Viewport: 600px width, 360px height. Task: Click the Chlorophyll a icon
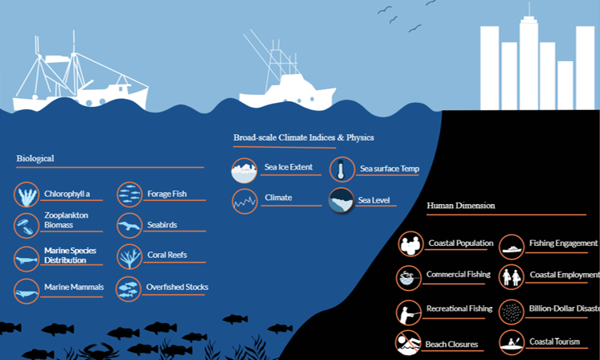click(x=27, y=194)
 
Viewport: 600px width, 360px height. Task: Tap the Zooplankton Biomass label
click(x=66, y=220)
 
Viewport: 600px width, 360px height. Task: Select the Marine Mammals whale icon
click(x=27, y=291)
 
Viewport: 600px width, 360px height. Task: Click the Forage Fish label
click(x=166, y=194)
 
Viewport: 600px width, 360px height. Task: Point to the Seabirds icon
click(x=129, y=226)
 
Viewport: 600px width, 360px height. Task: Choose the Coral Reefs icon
click(x=129, y=256)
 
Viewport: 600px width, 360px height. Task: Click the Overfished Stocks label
click(x=177, y=287)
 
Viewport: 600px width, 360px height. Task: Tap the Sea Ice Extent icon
click(x=244, y=170)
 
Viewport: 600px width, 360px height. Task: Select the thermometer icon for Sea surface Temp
click(x=341, y=170)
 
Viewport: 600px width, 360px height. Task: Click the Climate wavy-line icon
click(x=244, y=200)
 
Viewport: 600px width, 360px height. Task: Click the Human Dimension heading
click(x=460, y=206)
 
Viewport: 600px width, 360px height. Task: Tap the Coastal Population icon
click(x=411, y=244)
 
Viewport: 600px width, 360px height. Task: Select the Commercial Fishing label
click(x=459, y=275)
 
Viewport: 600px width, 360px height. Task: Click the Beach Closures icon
click(x=409, y=343)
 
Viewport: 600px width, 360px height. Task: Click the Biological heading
click(x=35, y=158)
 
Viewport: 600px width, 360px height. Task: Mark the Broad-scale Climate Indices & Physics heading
click(x=304, y=138)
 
